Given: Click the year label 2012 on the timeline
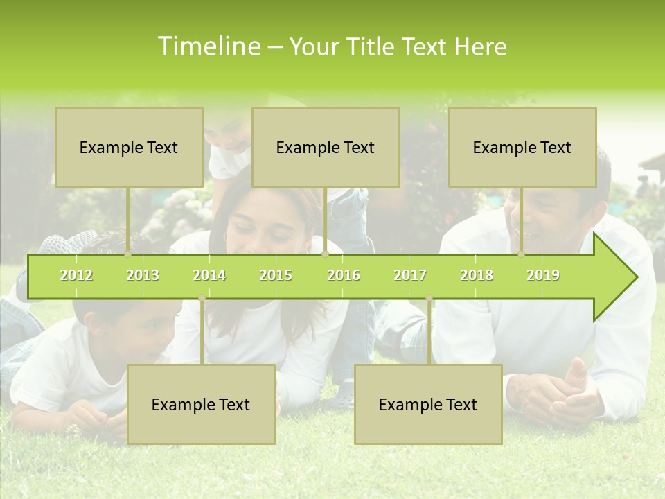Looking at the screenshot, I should coord(76,275).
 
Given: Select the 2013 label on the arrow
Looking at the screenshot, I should coord(143,275).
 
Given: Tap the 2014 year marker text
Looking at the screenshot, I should coord(209,275).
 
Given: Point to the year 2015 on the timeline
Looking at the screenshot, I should coord(276,275).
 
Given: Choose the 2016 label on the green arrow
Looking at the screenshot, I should coord(344,275).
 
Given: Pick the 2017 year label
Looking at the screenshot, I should coord(410,275).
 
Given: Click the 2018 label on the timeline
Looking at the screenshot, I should coord(477,275).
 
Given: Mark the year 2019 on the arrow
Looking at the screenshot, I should coord(543,275).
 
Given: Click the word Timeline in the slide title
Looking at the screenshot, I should coord(208,46).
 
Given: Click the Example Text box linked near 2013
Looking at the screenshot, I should coord(129,147).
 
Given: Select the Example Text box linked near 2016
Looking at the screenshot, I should coord(326,147).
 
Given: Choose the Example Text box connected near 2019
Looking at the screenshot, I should coord(522,147).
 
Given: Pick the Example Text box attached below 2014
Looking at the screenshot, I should coord(201,404).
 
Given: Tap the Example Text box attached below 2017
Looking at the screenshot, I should coord(428,404).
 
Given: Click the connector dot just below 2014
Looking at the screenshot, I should coord(202,298).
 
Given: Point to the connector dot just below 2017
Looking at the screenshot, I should coord(429,298).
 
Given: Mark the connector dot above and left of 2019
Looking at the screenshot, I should coord(522,254).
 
